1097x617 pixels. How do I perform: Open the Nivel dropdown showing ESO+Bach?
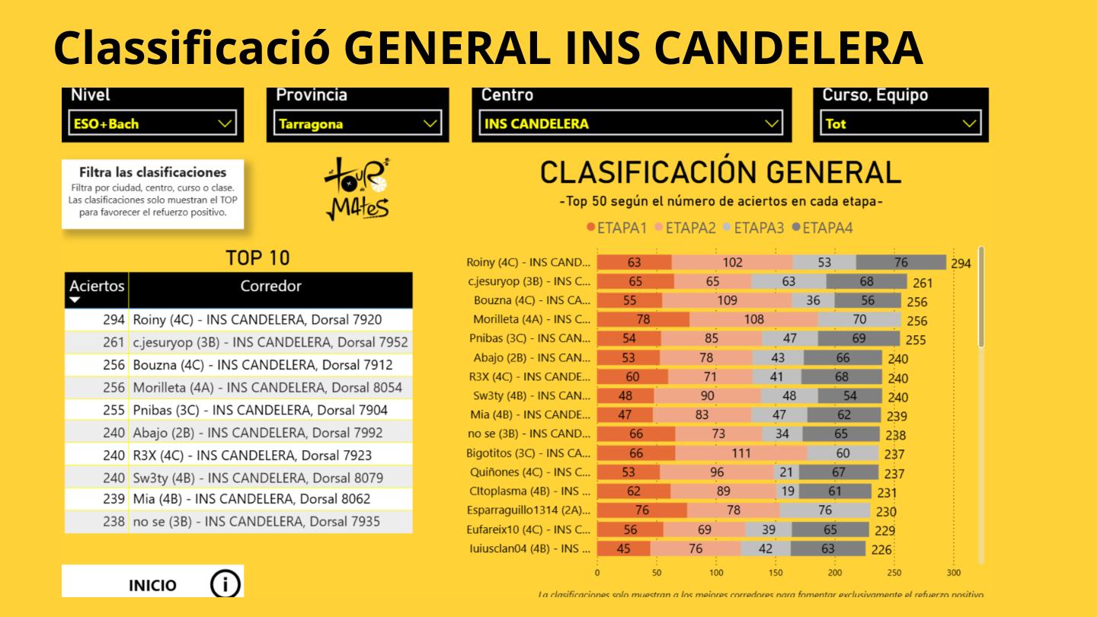pos(152,123)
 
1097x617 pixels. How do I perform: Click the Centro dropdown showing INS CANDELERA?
pos(632,123)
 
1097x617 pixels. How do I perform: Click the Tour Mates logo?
pos(357,189)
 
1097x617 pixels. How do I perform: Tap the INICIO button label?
pos(152,585)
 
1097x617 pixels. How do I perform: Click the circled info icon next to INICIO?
pos(225,584)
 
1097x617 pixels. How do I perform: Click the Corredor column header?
pos(270,286)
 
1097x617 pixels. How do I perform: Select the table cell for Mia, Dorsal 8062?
pos(251,500)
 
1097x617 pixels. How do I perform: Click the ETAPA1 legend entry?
pos(616,228)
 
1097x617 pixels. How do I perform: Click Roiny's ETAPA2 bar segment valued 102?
pos(732,263)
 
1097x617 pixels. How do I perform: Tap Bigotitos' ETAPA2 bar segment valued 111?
pos(740,453)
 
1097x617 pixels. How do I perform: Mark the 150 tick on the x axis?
pos(775,573)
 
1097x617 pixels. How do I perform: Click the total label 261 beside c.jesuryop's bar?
pos(923,283)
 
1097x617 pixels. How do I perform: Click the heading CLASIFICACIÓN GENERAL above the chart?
pos(720,173)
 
